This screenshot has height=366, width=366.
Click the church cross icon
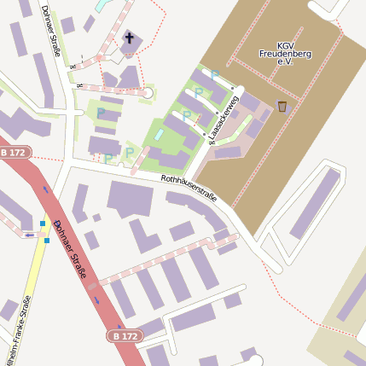130,38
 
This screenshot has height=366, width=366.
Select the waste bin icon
282,106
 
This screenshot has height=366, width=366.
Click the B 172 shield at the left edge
15,152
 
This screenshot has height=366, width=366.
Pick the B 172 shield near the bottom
123,336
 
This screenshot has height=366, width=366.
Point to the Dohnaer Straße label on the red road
71,250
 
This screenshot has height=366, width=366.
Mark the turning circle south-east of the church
148,92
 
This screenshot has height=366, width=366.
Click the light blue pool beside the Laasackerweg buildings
158,135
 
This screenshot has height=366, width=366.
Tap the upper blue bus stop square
43,224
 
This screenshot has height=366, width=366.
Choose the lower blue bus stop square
46,240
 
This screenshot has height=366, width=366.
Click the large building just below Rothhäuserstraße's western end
129,198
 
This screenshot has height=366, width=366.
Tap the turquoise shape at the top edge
102,5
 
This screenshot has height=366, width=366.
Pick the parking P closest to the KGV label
214,75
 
